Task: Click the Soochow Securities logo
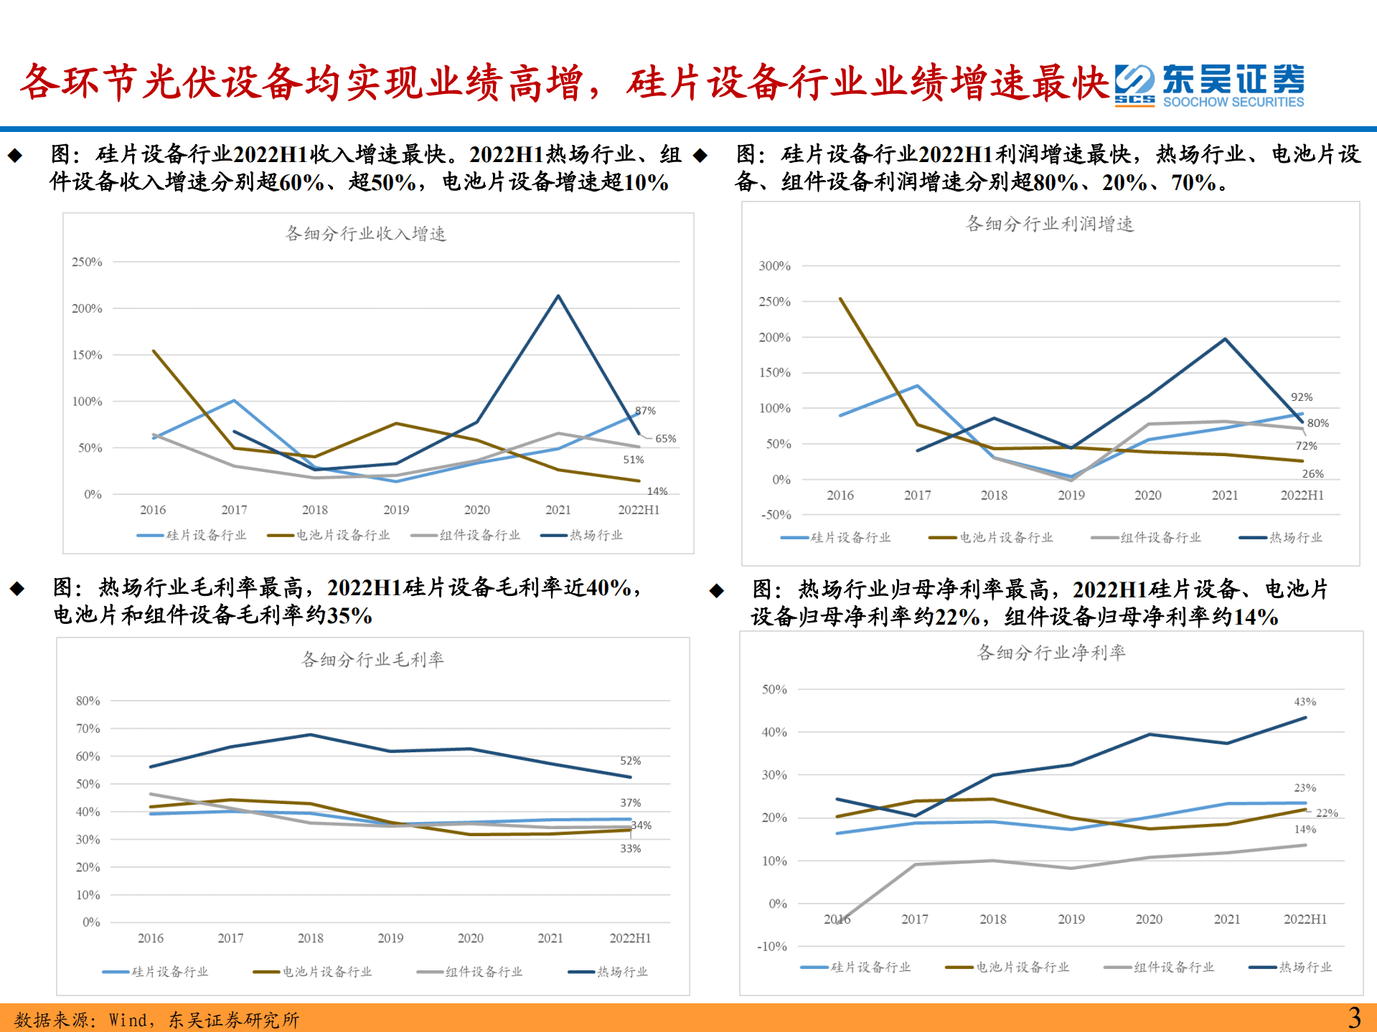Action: tap(1209, 85)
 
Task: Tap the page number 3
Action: tap(1353, 1018)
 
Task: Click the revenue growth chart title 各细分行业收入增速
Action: tap(366, 234)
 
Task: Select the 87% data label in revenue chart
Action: tap(645, 411)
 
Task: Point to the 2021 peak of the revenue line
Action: tap(558, 295)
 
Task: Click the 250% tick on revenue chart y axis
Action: tap(87, 262)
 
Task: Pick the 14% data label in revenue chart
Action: tap(657, 491)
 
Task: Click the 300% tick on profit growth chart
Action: tap(774, 266)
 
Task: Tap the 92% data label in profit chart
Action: tap(1302, 397)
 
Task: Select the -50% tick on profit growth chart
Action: tap(776, 515)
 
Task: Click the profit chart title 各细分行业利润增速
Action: tap(1050, 224)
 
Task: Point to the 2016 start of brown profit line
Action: tap(840, 299)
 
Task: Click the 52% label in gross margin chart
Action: tap(630, 761)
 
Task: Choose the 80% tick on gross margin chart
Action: tap(88, 701)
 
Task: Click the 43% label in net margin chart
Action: tap(1305, 702)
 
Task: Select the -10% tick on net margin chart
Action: tap(772, 947)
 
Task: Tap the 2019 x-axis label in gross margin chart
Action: tap(390, 938)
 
